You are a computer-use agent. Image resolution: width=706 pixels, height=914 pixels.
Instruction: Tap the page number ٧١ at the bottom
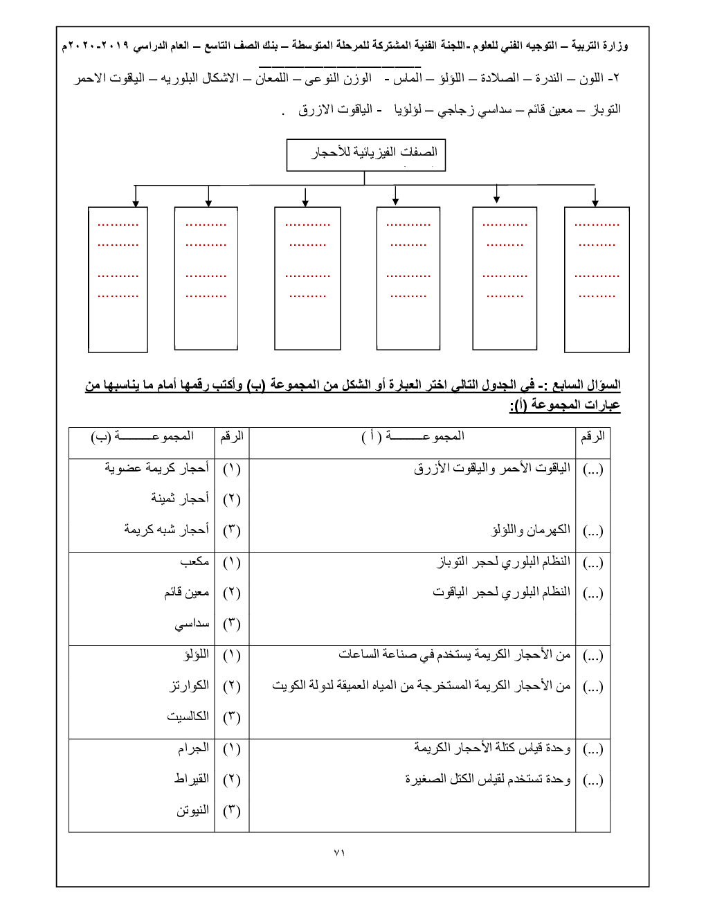pos(339,853)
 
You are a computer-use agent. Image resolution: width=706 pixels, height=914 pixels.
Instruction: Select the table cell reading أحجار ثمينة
pos(180,499)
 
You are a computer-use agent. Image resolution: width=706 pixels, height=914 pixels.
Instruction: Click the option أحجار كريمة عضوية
pos(157,468)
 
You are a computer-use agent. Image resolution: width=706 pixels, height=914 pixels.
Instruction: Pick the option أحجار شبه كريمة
pos(167,530)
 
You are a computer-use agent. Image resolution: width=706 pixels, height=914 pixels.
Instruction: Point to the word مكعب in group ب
pos(194,562)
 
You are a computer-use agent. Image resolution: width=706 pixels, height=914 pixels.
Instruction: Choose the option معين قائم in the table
pos(187,593)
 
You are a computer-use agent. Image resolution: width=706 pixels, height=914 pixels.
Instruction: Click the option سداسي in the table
pos(192,624)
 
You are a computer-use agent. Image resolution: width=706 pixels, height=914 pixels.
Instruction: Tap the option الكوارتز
pos(190,685)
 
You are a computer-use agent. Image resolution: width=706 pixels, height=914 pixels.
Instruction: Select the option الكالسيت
pos(188,717)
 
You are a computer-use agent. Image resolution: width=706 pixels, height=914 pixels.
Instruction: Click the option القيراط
pos(192,779)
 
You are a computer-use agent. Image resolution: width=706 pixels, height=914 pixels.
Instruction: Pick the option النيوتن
pos(192,810)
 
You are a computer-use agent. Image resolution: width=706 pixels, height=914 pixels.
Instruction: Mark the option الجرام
pos(193,749)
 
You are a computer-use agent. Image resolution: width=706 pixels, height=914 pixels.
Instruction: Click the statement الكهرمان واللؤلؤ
pos(531,530)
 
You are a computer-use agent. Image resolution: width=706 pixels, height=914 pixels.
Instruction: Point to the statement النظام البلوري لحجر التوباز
pos(504,562)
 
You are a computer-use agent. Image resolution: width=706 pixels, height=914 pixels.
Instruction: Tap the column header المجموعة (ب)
pos(143,436)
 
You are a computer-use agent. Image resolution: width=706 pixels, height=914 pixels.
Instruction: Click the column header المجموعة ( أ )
pos(413,436)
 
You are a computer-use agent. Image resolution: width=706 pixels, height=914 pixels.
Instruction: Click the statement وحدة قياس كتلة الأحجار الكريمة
pos(492,748)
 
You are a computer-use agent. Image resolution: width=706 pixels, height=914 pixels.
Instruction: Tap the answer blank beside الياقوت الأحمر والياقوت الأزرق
pos(593,469)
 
